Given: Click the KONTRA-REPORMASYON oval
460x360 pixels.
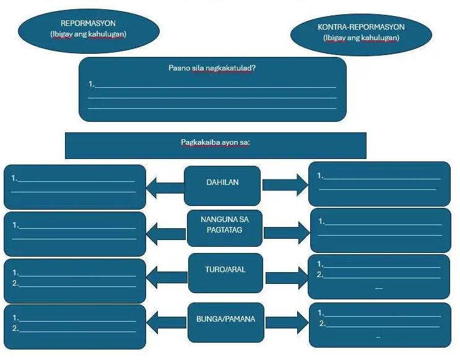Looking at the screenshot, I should click(x=361, y=32).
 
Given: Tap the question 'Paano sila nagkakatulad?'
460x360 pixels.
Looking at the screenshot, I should click(x=212, y=68).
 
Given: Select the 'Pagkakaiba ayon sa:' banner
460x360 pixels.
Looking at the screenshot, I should click(x=215, y=142).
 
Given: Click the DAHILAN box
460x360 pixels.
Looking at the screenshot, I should click(x=222, y=183).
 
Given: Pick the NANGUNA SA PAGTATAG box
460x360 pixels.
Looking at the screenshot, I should click(x=225, y=225).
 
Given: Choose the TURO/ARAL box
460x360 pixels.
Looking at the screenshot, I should click(x=225, y=271).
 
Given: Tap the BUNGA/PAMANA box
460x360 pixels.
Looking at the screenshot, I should click(x=225, y=320).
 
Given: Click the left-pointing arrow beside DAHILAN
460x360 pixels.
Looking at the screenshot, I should click(x=165, y=186).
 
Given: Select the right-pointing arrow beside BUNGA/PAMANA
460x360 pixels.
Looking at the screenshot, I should click(x=286, y=322).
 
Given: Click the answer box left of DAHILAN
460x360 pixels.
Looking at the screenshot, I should click(x=75, y=186).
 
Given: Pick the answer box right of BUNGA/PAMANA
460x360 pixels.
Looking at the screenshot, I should click(x=380, y=325).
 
